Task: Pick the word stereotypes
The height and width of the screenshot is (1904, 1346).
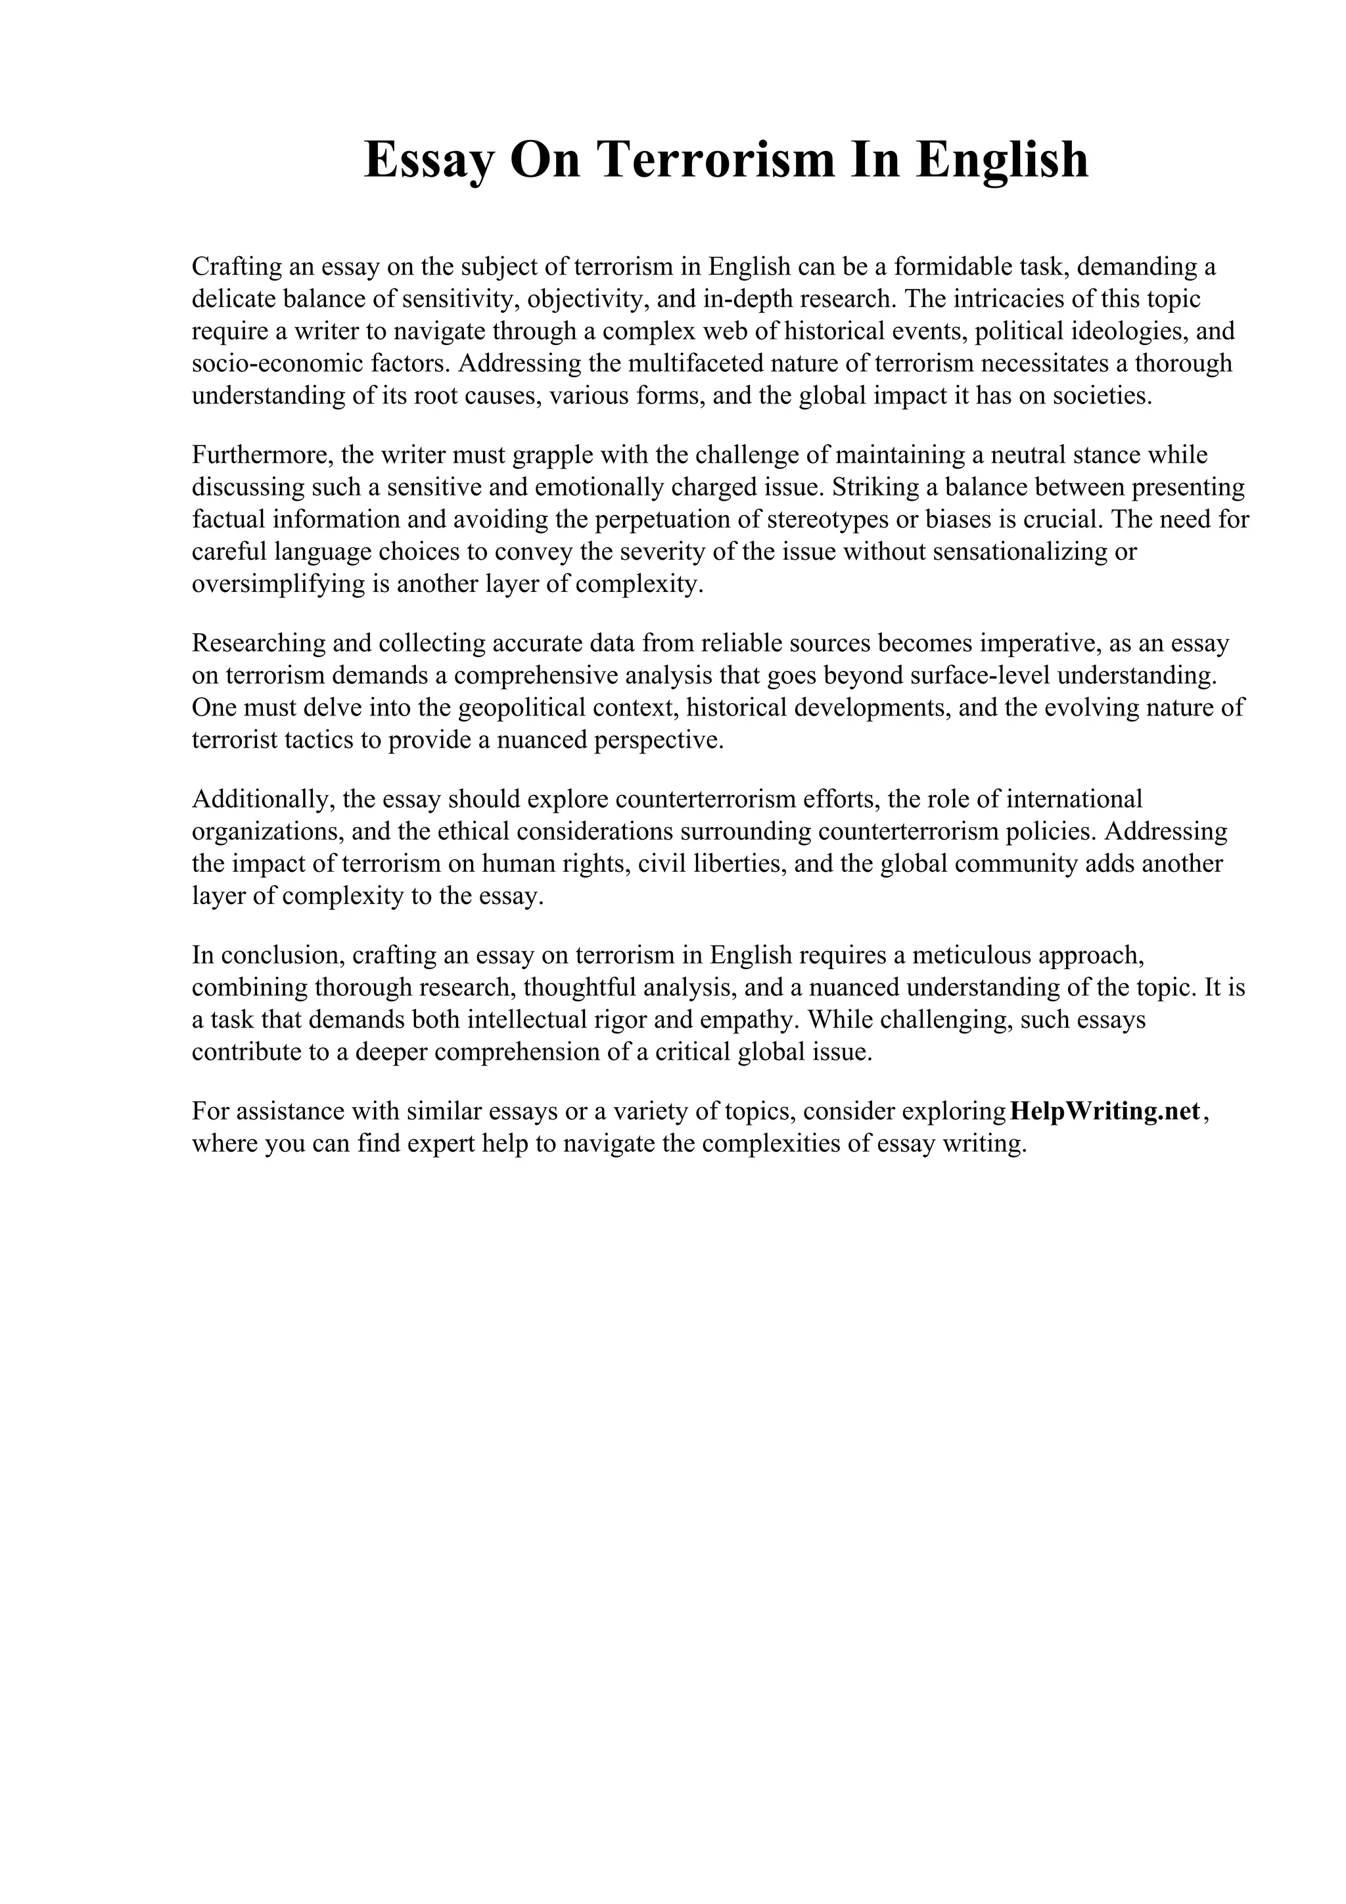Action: pyautogui.click(x=843, y=519)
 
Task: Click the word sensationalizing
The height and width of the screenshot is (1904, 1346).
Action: pyautogui.click(x=1023, y=551)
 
